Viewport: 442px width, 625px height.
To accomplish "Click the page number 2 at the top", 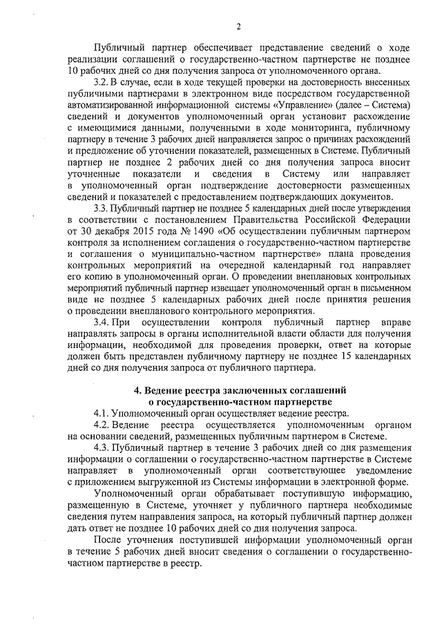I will coord(238,27).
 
